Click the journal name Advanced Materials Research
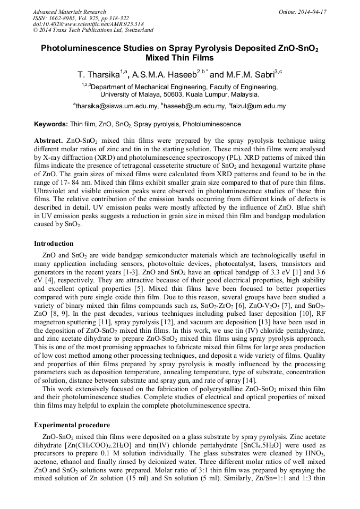pos(69,12)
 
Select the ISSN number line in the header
pos(80,18)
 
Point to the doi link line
pos(88,24)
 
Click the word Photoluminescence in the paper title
pos(79,48)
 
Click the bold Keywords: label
pos(51,124)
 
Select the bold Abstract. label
pos(48,141)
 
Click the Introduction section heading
pos(54,244)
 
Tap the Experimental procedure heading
pos(72,425)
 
